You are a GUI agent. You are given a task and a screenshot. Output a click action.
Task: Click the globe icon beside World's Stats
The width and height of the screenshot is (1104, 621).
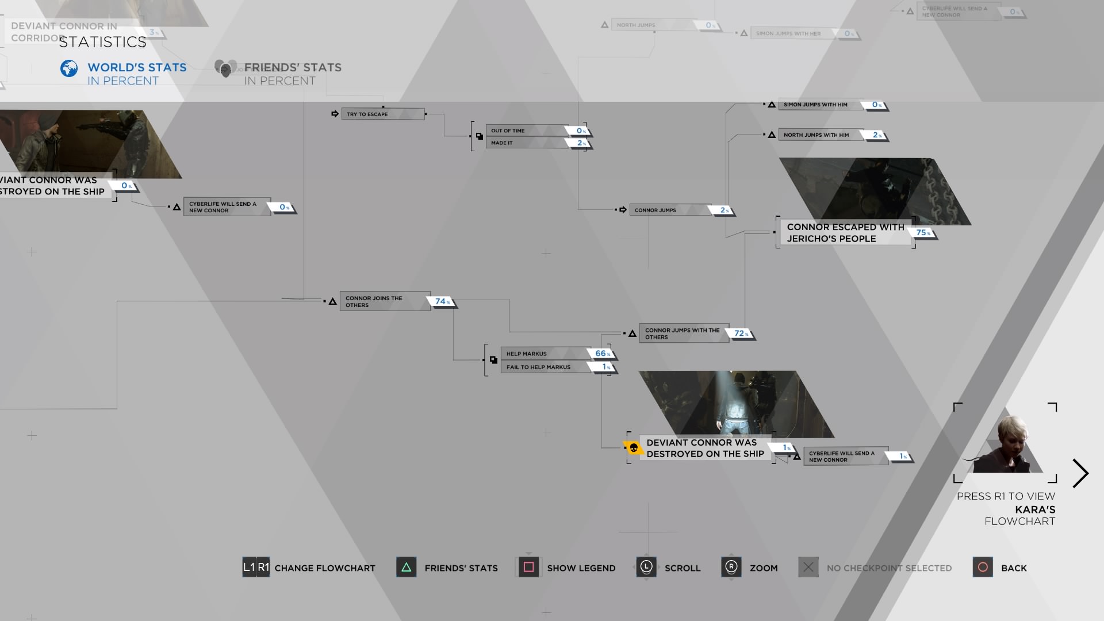(69, 68)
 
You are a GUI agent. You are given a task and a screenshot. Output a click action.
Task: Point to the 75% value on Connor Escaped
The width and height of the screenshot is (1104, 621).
(922, 233)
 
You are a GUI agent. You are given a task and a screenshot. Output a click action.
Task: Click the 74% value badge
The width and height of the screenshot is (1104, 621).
(442, 301)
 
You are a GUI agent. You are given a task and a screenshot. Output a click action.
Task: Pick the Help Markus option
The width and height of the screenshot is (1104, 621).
(543, 354)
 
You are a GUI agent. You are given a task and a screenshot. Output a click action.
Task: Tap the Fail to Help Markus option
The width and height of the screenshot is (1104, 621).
(543, 367)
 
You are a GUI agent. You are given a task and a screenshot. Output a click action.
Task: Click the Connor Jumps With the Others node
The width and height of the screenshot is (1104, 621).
(683, 333)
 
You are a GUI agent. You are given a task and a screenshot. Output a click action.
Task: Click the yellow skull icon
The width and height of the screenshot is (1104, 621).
(633, 447)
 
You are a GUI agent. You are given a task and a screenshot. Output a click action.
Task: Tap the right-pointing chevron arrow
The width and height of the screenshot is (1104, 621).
(1080, 473)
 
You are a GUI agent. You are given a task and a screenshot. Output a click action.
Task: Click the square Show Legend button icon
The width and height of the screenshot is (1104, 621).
(528, 568)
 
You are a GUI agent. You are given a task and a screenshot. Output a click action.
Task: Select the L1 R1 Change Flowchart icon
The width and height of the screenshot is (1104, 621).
(256, 568)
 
